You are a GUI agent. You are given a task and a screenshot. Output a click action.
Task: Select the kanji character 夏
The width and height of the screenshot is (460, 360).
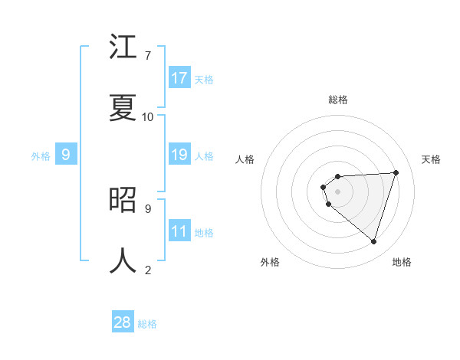point(123,107)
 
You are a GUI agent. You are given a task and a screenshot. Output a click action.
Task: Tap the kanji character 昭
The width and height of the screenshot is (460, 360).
point(123,200)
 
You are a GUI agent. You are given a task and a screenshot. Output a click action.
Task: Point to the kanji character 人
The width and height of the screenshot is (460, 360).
point(123,260)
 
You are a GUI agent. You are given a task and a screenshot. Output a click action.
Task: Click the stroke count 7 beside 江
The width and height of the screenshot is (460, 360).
point(147,56)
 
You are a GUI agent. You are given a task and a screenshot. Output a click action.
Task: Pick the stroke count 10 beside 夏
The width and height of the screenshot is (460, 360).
point(147,116)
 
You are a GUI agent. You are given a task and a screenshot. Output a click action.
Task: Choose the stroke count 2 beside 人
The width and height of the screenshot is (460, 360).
point(147,270)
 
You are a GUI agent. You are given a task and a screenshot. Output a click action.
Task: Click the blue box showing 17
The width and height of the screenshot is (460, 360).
point(179,78)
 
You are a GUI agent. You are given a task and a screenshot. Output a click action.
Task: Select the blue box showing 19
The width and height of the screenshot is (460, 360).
point(179,155)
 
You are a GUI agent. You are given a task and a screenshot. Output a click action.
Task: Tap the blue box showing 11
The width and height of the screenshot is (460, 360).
point(179,231)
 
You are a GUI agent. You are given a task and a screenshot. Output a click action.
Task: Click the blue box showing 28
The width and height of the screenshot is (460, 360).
point(123,322)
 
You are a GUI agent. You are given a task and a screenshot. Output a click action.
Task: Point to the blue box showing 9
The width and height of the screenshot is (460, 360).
point(66,155)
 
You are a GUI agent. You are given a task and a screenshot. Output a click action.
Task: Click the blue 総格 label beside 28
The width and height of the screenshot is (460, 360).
point(147,324)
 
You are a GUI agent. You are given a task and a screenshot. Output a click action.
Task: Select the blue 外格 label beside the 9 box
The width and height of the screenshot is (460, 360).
point(41,156)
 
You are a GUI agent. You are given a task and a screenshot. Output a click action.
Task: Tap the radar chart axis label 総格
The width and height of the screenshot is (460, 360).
point(338,100)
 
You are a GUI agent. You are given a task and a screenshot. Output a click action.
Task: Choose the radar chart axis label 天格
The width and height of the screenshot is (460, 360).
point(431,159)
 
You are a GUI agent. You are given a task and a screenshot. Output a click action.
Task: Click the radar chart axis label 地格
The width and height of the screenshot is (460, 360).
point(402,262)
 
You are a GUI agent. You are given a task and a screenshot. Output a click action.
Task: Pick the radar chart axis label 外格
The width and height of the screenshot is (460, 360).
point(270,262)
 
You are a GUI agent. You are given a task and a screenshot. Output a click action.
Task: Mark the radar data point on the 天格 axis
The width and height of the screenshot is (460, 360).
point(396,172)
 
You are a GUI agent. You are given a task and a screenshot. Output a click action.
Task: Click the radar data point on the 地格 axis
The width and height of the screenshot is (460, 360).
point(373,241)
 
